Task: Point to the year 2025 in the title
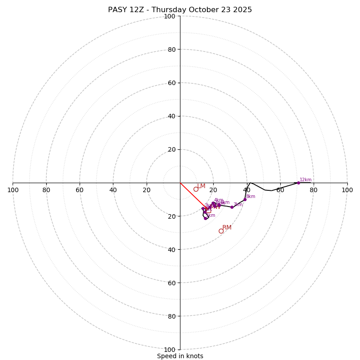click(241, 10)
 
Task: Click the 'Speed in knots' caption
click(180, 356)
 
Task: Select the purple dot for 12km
click(298, 183)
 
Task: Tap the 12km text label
click(306, 180)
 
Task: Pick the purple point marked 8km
click(245, 199)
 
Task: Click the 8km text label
click(251, 197)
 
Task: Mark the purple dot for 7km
click(232, 207)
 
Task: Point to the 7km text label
click(238, 205)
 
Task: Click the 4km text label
click(219, 200)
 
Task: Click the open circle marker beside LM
click(196, 189)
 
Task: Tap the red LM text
click(201, 186)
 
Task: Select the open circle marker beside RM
click(221, 231)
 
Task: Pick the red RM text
click(227, 228)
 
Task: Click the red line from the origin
click(191, 194)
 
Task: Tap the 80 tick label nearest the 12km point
click(314, 190)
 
